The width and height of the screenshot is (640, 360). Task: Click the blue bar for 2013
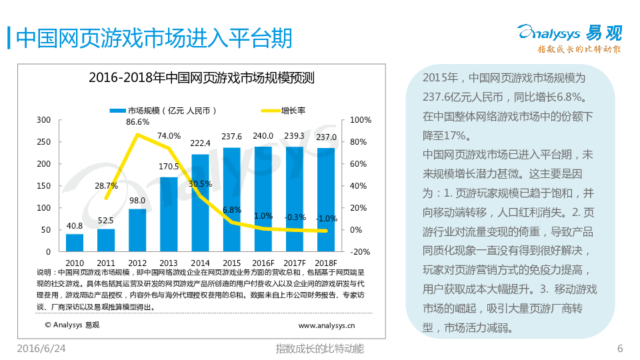coord(169,214)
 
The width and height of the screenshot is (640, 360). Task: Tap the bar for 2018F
coord(326,199)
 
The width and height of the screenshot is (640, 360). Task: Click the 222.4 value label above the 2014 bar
coord(200,143)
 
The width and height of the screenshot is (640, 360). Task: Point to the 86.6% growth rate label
coord(137,122)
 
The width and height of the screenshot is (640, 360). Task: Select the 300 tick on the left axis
coord(44,120)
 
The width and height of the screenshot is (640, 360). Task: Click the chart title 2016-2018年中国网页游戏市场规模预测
coord(201,78)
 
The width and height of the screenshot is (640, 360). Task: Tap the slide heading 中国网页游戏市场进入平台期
coord(153,38)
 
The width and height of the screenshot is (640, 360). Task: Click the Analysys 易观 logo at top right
coord(569,37)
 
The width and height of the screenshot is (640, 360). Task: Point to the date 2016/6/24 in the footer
coord(41,349)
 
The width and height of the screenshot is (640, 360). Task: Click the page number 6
coord(620,349)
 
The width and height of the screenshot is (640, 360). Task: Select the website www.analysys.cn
coord(327,325)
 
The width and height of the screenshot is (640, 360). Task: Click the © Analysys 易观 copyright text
coord(72,325)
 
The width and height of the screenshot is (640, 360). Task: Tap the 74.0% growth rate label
coord(169,136)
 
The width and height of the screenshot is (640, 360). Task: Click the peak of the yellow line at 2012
coord(137,135)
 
